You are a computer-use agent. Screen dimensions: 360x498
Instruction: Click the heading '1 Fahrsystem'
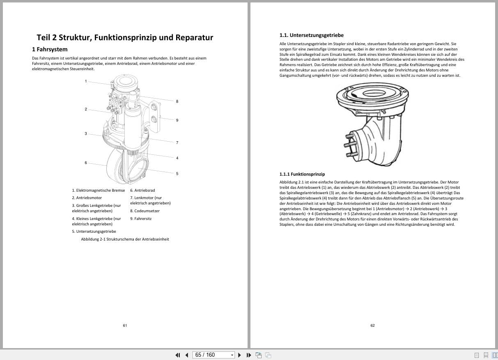pyautogui.click(x=50, y=49)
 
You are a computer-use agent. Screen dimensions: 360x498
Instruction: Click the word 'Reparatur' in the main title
pyautogui.click(x=194, y=38)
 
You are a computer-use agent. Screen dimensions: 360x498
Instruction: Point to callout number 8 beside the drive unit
pyautogui.click(x=177, y=101)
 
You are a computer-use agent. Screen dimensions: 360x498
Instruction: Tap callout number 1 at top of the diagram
pyautogui.click(x=86, y=81)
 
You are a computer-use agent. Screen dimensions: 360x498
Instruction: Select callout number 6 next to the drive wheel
pyautogui.click(x=86, y=163)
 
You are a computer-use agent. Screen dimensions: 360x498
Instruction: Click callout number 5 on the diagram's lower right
pyautogui.click(x=177, y=174)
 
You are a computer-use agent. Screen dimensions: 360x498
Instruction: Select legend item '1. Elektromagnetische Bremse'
pyautogui.click(x=99, y=190)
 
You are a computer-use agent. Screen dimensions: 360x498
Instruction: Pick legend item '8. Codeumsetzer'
pyautogui.click(x=145, y=211)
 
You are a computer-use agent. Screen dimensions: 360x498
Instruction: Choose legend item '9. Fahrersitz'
pyautogui.click(x=141, y=219)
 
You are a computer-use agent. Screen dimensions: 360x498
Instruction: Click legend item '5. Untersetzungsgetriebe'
pyautogui.click(x=94, y=232)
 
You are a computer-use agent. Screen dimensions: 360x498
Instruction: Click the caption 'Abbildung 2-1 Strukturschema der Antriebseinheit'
pyautogui.click(x=125, y=239)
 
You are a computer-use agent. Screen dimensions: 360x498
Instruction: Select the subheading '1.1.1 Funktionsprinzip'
pyautogui.click(x=302, y=174)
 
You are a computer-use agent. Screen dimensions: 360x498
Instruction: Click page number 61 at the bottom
pyautogui.click(x=125, y=326)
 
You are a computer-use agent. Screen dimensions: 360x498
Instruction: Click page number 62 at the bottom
pyautogui.click(x=372, y=326)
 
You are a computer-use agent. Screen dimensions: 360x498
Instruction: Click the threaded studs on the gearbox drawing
pyautogui.click(x=350, y=144)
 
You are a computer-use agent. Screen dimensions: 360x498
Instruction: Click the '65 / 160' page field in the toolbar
pyautogui.click(x=209, y=355)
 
